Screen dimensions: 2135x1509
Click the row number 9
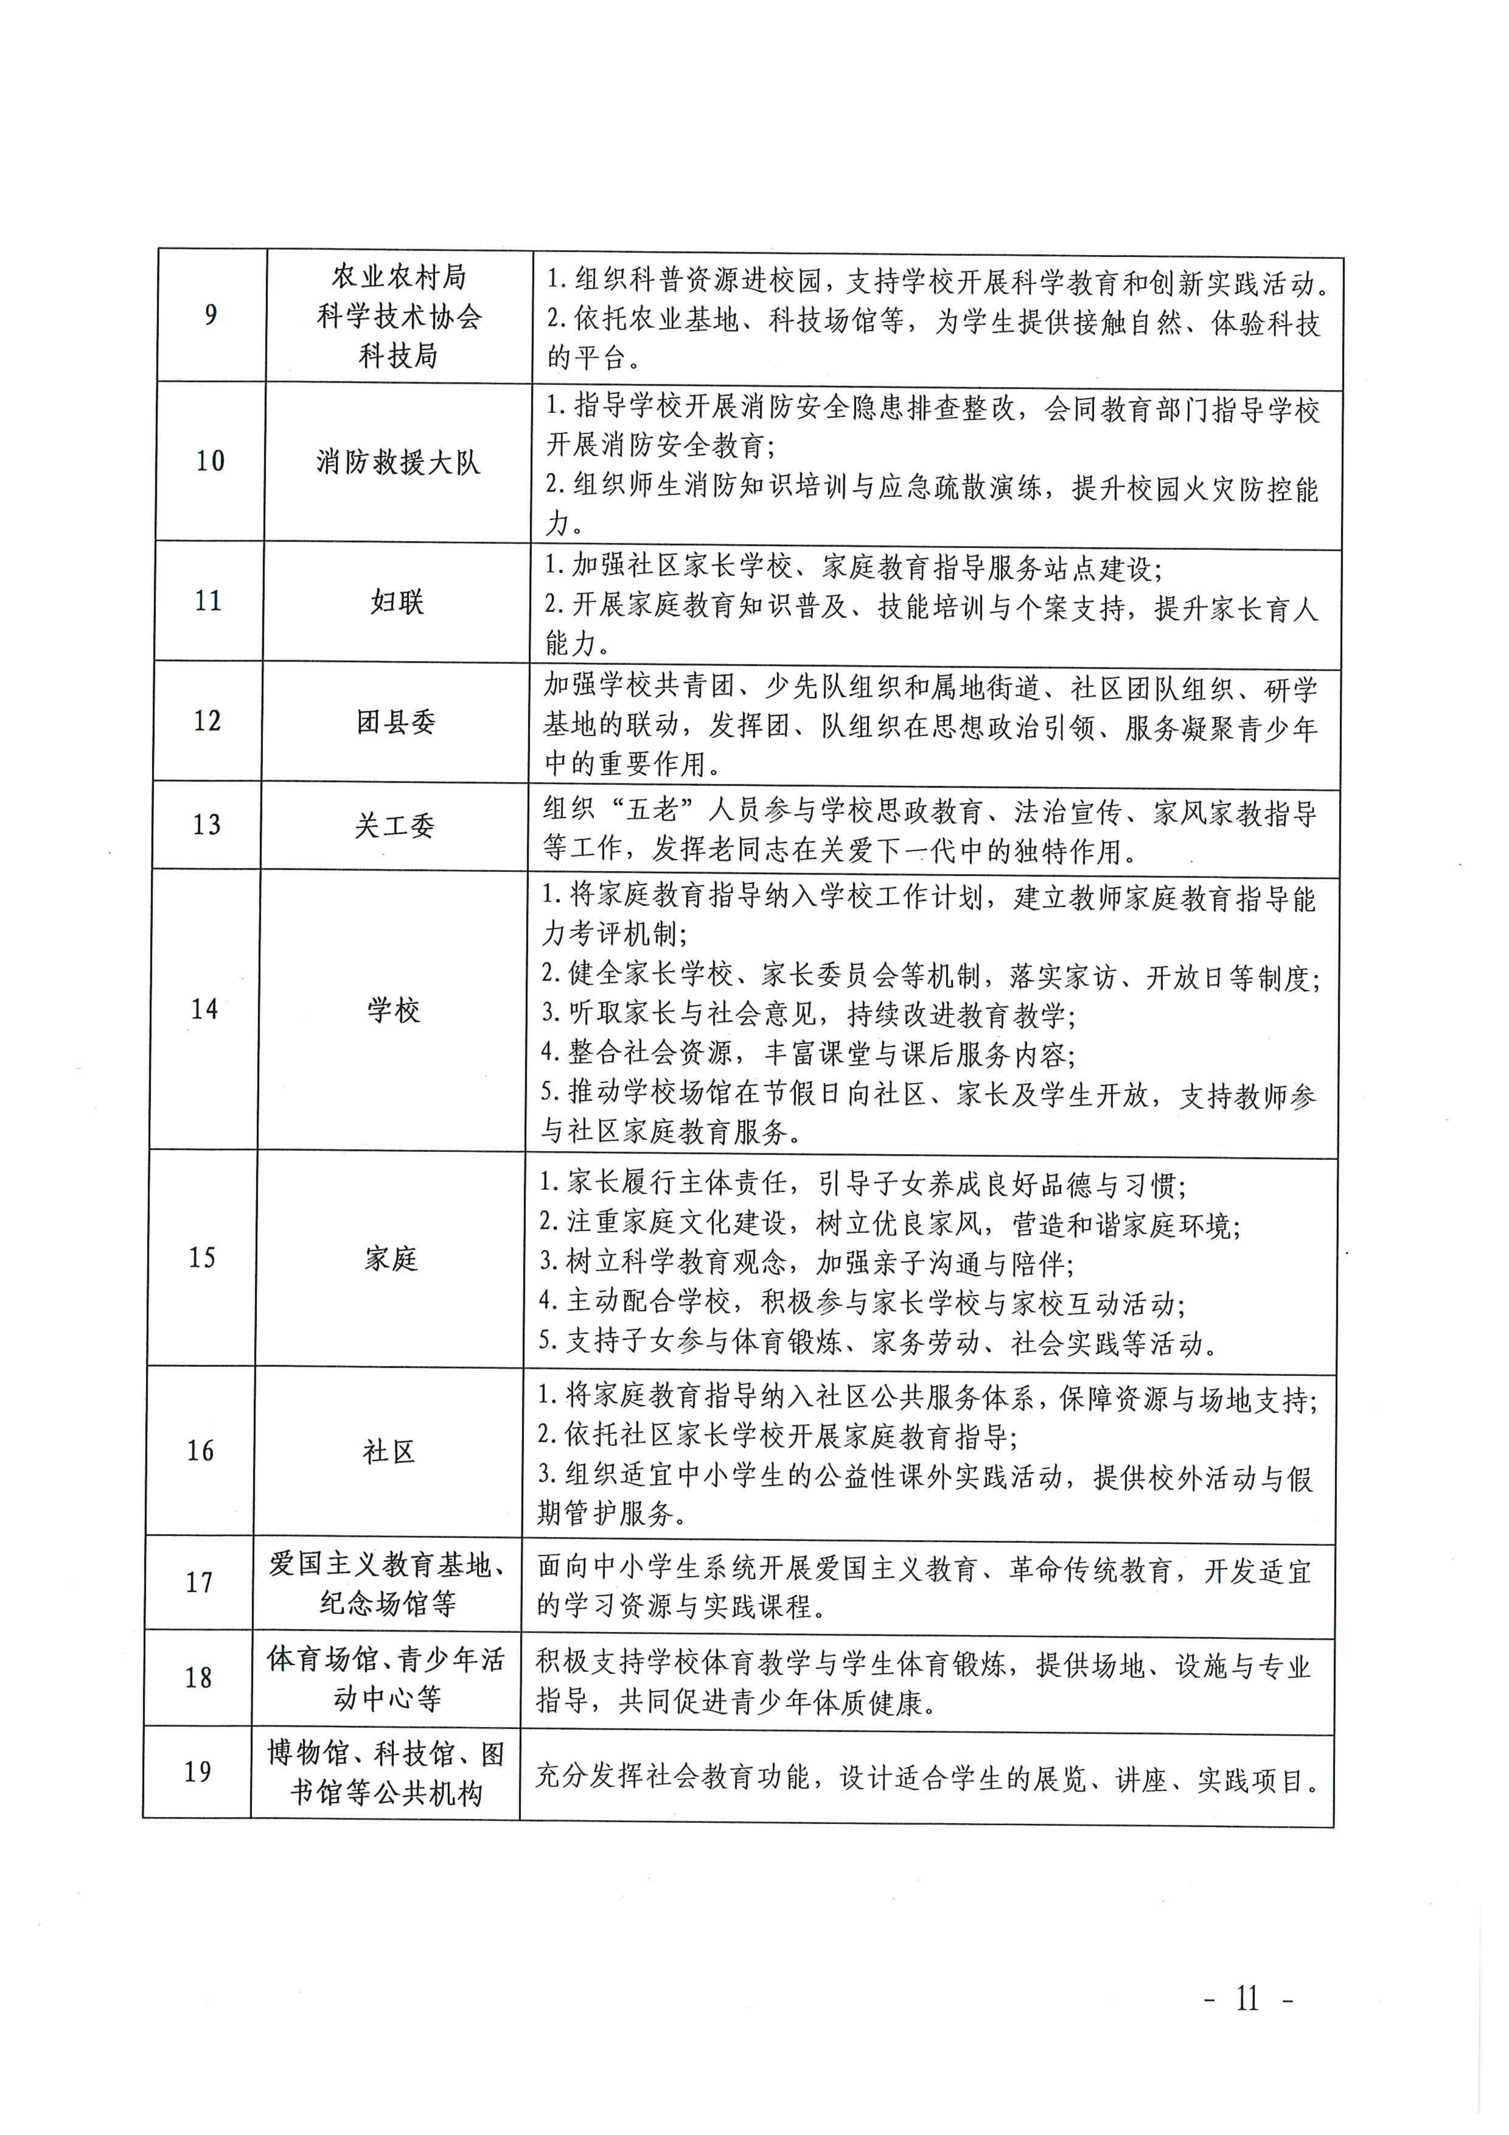[211, 315]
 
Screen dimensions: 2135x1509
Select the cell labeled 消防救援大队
[398, 462]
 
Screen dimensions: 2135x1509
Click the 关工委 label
[394, 825]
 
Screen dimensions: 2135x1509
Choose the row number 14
[204, 1009]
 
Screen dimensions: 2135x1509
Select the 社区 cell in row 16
[388, 1451]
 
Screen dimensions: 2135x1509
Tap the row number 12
[207, 721]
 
